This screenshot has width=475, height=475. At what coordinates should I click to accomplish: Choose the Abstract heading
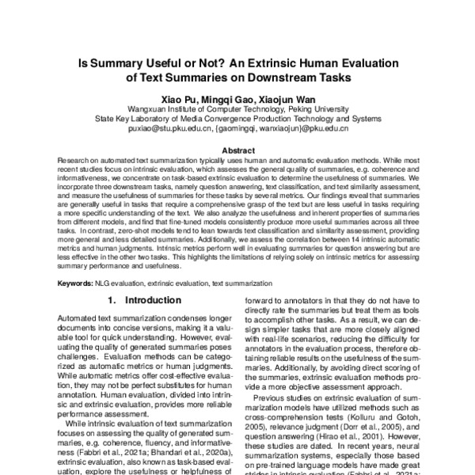pyautogui.click(x=237, y=150)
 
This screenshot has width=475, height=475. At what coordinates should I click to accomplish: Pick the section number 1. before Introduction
pyautogui.click(x=112, y=301)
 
